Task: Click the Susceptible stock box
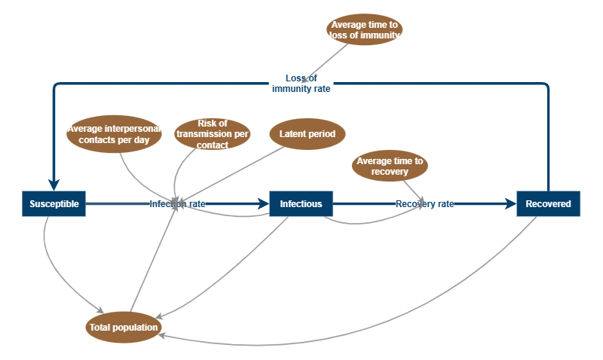point(54,203)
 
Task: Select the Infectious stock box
point(301,203)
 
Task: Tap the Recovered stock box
point(548,203)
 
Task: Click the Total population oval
point(124,327)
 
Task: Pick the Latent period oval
point(307,134)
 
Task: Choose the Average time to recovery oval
point(390,166)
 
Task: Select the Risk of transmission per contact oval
point(212,134)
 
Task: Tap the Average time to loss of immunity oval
point(366,29)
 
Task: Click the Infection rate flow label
point(177,203)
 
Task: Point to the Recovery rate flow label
point(425,203)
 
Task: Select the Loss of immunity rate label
point(301,83)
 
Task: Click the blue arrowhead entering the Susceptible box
point(54,185)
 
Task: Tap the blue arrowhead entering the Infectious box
point(264,203)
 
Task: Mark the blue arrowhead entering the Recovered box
point(511,203)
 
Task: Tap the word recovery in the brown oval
point(390,172)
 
